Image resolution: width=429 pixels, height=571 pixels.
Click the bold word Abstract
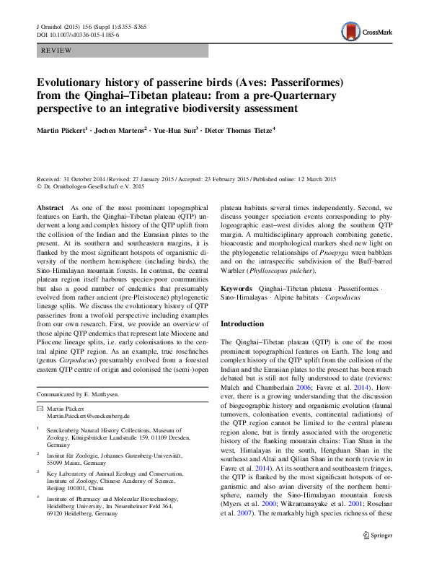click(50, 207)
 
